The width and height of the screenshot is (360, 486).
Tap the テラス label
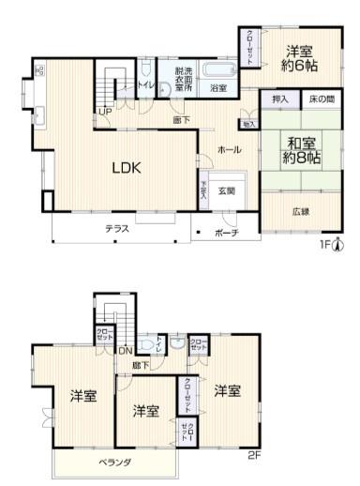(117, 228)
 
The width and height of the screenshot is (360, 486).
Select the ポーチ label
(226, 232)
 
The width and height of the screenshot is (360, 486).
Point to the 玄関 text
(228, 190)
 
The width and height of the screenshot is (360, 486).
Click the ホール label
(229, 150)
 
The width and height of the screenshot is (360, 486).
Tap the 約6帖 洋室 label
(300, 58)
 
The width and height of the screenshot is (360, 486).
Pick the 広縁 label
(300, 211)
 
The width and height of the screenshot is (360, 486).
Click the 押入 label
(279, 99)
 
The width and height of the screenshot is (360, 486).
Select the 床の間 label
(321, 99)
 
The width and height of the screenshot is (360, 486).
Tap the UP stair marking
(104, 112)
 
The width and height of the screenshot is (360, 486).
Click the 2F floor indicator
(255, 457)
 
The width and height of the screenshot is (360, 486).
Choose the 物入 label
(248, 123)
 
